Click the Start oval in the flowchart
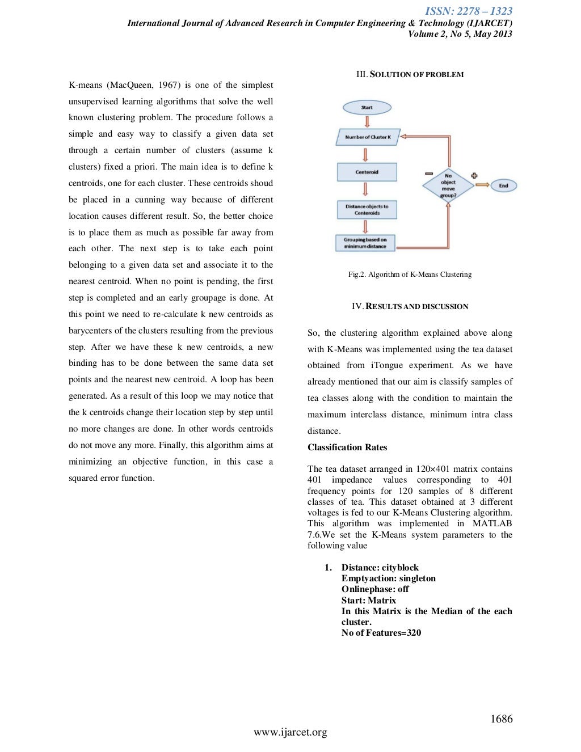click(x=367, y=107)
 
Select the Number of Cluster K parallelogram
click(x=368, y=137)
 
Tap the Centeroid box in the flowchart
click(x=367, y=172)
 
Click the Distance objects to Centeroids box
click(x=367, y=210)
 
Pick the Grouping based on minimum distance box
click(x=365, y=243)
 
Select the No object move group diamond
click(x=448, y=185)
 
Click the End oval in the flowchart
click(x=503, y=185)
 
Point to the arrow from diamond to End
click(x=482, y=185)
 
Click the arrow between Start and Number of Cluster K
click(x=367, y=122)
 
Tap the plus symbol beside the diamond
click(x=474, y=175)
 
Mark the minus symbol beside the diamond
click(x=429, y=174)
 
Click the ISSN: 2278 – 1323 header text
click(x=469, y=11)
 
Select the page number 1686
click(x=502, y=719)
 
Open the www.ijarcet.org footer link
click(x=290, y=732)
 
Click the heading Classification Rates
click(x=347, y=447)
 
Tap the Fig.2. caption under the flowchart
click(x=410, y=274)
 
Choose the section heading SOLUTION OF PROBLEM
click(x=416, y=74)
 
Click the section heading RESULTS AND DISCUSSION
click(x=417, y=306)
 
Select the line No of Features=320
click(x=381, y=633)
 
